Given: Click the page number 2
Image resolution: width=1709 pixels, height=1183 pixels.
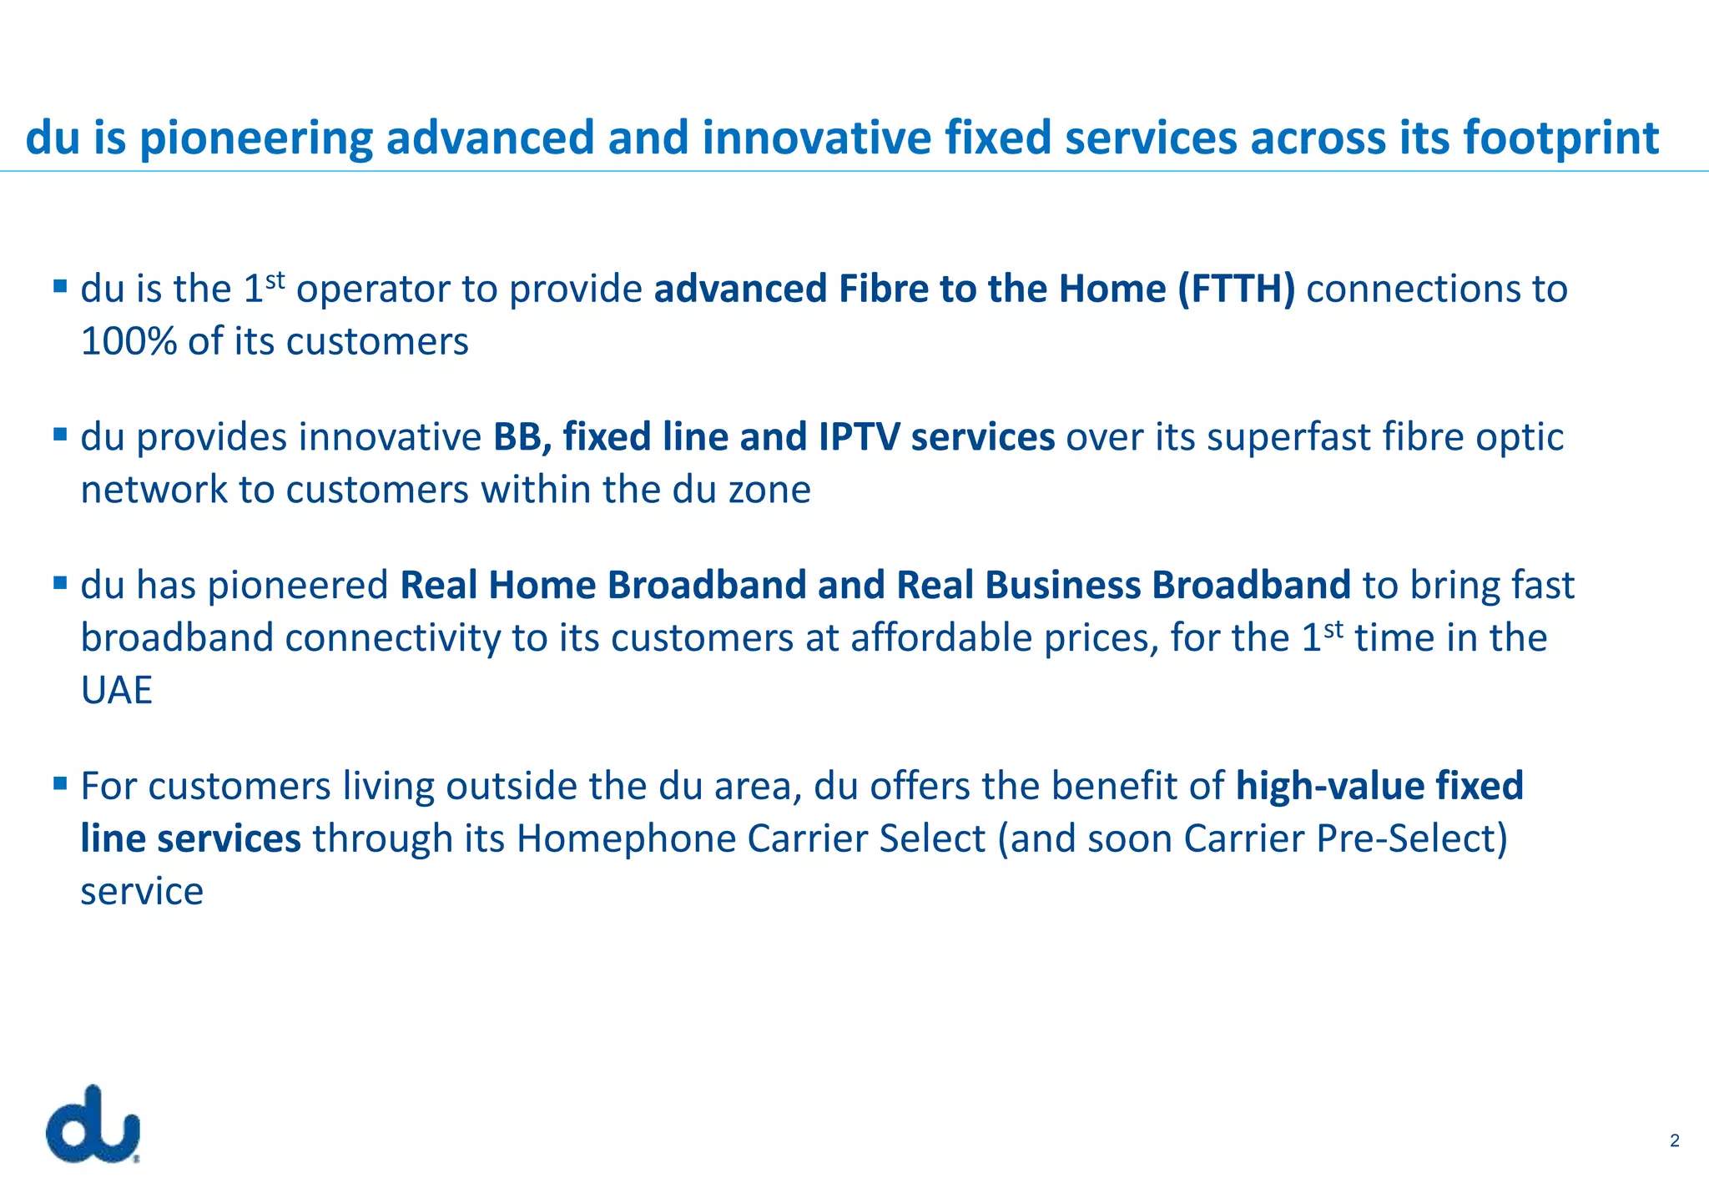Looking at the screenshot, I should (x=1674, y=1140).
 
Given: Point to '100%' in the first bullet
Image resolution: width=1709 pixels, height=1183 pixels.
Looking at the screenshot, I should (x=128, y=342).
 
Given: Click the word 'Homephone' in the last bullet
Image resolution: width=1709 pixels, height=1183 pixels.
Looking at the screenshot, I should (x=626, y=839).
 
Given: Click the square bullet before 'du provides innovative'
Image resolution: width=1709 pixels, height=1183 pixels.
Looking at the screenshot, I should (x=59, y=435).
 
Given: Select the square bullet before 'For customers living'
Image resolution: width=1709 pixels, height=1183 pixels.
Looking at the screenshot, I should (x=59, y=783).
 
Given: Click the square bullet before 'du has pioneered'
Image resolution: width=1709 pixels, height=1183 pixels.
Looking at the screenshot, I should (x=59, y=582).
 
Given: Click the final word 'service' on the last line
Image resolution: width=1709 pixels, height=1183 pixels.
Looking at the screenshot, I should (x=142, y=892).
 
